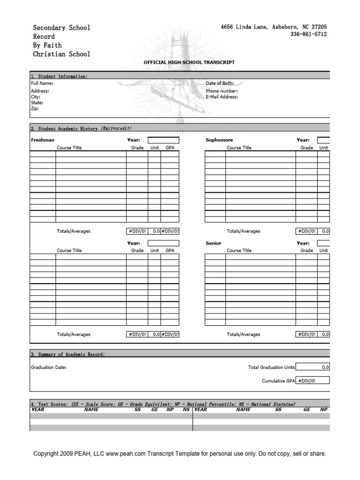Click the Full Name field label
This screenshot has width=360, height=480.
42,83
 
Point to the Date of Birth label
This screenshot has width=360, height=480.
220,83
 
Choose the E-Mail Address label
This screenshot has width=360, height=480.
222,97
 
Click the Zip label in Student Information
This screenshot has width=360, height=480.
35,108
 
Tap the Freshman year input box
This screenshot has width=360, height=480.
164,140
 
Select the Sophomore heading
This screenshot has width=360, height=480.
219,140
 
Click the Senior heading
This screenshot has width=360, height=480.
213,243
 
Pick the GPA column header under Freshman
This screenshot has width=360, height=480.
170,148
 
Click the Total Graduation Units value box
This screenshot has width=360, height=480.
313,367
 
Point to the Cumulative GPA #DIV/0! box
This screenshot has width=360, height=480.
313,381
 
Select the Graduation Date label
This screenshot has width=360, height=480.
49,367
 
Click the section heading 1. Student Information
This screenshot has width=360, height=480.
59,76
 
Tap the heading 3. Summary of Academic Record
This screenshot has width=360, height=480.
68,354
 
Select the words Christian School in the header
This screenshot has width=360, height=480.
61,54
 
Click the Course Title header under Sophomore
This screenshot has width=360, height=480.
239,148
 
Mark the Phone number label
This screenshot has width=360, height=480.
222,91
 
